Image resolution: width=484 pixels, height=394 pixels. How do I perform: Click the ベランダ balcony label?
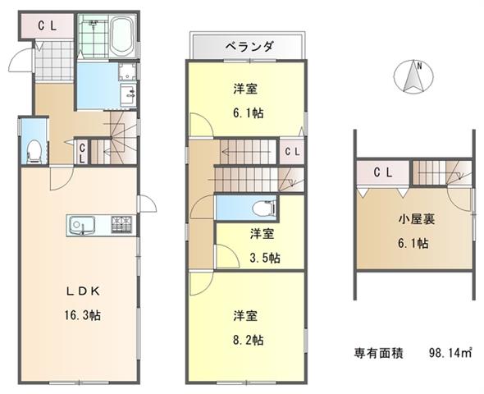pos(249,48)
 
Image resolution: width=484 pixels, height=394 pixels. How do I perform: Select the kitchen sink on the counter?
pos(81,225)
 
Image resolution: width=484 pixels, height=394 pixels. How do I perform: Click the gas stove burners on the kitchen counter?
pos(122,225)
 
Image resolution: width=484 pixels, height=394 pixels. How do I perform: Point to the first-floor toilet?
pos(34,152)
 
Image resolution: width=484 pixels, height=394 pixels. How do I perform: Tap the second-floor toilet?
pos(264,208)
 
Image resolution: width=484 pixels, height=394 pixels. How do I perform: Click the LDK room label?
pos(83,291)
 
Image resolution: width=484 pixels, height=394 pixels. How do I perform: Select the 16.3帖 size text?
pos(82,315)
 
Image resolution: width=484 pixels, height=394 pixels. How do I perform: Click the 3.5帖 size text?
pos(265,257)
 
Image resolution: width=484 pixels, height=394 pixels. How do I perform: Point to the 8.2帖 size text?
pos(248,340)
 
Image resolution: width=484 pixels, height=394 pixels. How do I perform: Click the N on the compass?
pos(419,66)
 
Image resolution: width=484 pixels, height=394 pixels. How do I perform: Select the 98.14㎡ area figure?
pos(450,352)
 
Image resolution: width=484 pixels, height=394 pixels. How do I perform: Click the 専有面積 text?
pos(379,353)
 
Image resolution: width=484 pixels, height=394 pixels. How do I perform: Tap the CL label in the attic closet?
pos(383,172)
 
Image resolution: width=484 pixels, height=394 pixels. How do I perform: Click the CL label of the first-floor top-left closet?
pos(48,26)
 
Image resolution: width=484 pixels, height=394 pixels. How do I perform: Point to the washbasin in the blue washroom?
pos(127,94)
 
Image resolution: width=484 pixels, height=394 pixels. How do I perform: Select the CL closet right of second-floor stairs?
pos(292,152)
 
